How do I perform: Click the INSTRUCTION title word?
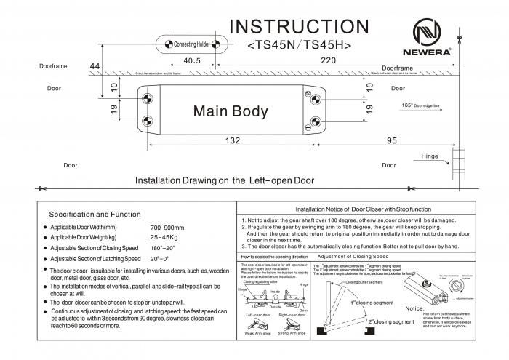point(300,25)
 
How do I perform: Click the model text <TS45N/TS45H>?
point(300,45)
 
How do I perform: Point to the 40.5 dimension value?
point(192,60)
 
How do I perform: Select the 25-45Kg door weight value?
point(164,238)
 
